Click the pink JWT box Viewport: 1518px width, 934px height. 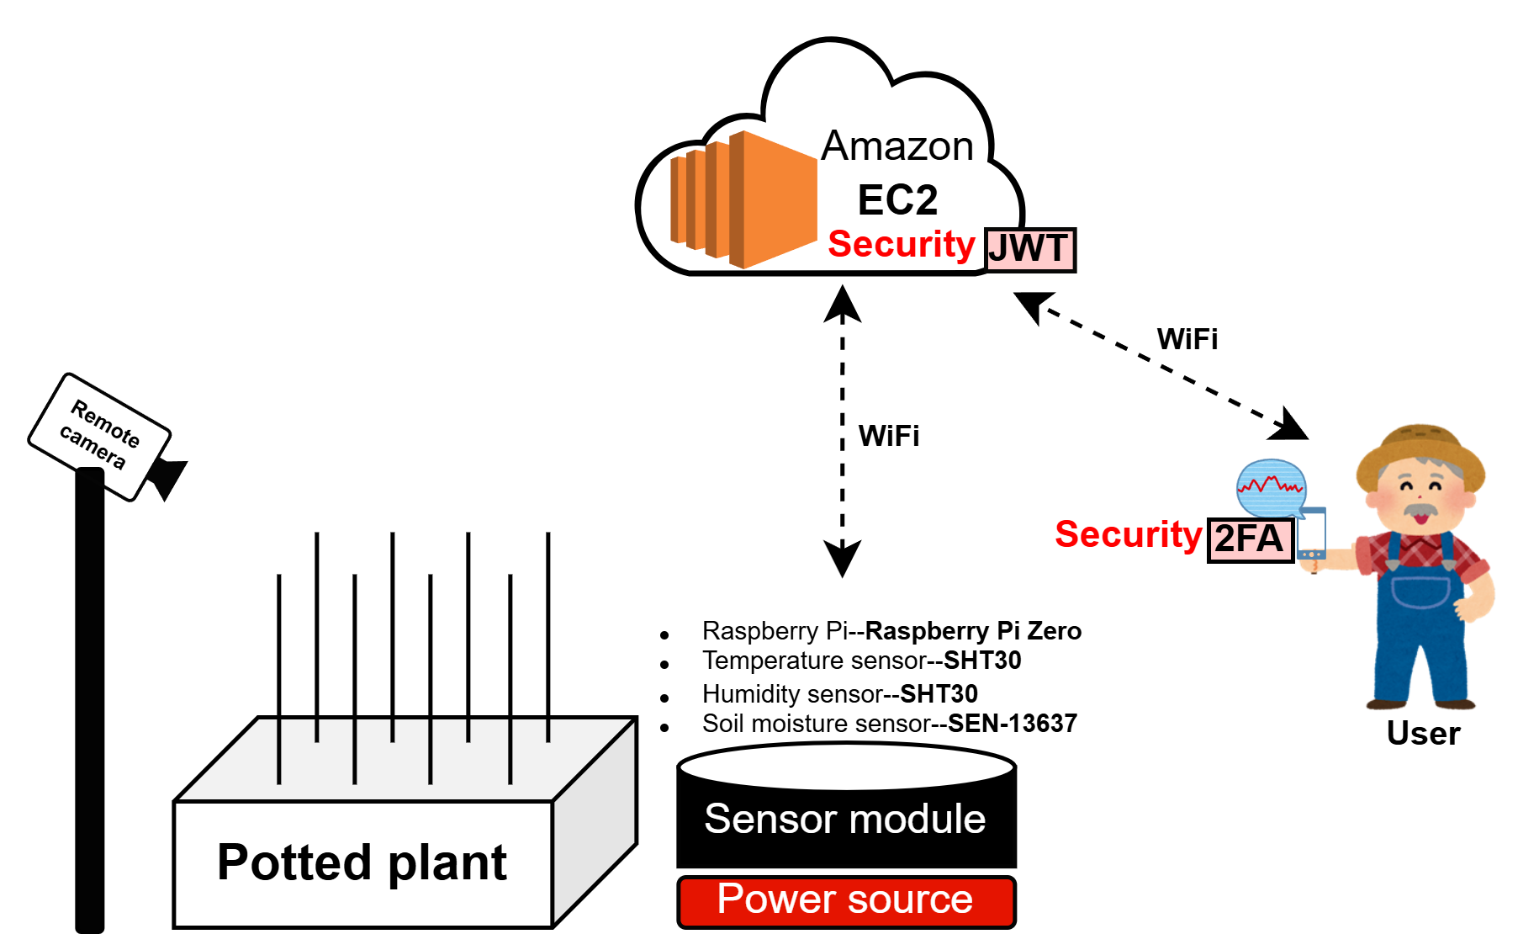tap(1029, 250)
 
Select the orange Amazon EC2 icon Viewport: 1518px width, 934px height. tap(743, 200)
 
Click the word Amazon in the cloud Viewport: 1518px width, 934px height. tap(897, 146)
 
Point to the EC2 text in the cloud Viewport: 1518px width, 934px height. tap(897, 200)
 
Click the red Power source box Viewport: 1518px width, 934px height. tap(846, 901)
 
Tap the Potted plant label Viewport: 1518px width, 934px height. tap(362, 862)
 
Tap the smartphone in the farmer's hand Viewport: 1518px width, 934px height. tap(1311, 535)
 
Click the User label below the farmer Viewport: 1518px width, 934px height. tap(1423, 734)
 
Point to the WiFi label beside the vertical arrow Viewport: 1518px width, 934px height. tap(888, 436)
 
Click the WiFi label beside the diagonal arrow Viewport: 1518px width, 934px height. tap(1187, 339)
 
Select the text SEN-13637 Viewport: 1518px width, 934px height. tap(1013, 724)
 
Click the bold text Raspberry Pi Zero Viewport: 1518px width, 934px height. tap(973, 631)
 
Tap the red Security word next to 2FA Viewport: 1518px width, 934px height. tap(1128, 535)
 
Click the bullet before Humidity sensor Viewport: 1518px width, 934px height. tap(664, 698)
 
